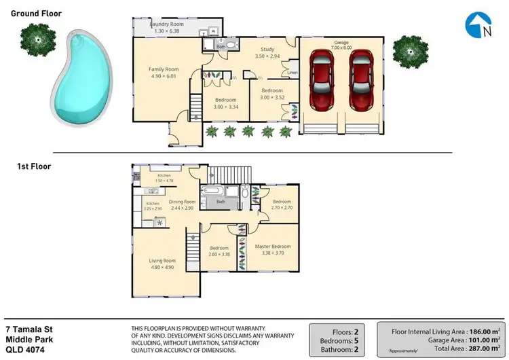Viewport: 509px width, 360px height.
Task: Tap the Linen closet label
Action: coord(293,72)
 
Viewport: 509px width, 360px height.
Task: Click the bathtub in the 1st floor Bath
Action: coord(213,192)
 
